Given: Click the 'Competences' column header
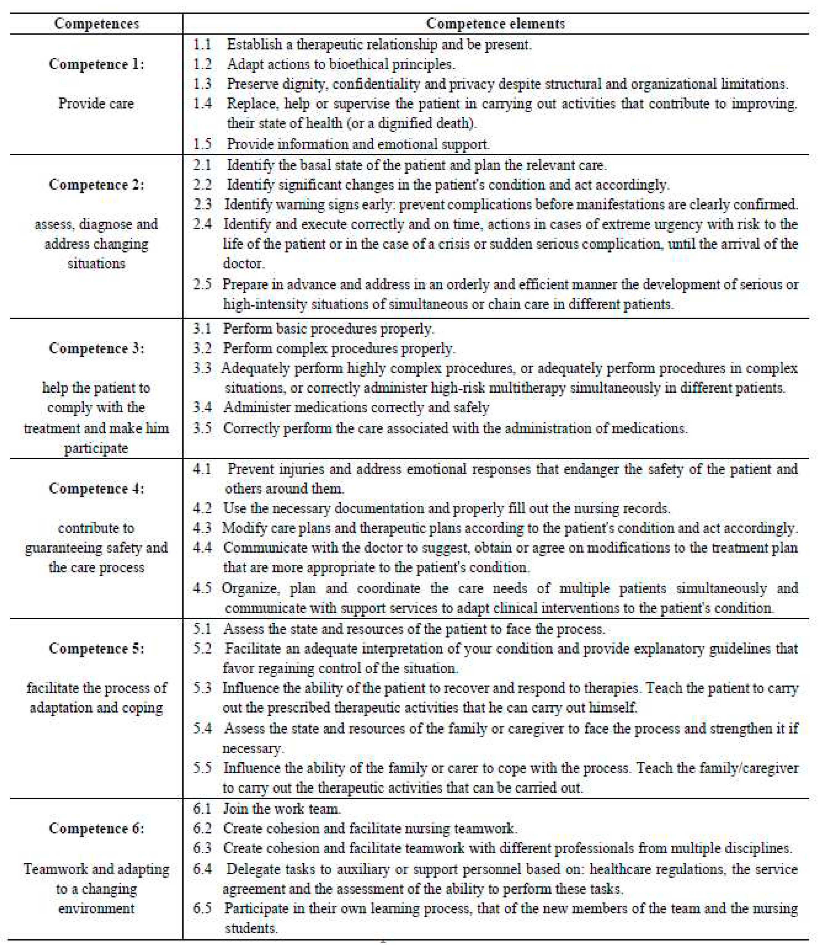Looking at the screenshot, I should pos(96,23).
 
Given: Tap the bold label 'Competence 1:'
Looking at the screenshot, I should pos(96,64).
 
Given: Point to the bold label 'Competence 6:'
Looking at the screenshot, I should pos(96,828).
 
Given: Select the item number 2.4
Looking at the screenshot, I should pos(202,224).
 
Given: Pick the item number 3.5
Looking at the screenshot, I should pos(202,428).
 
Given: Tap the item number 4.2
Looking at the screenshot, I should pos(202,508).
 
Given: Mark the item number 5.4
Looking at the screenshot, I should pos(202,728).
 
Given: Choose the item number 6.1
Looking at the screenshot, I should pos(202,808).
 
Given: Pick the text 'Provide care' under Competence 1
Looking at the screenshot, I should pos(96,103).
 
